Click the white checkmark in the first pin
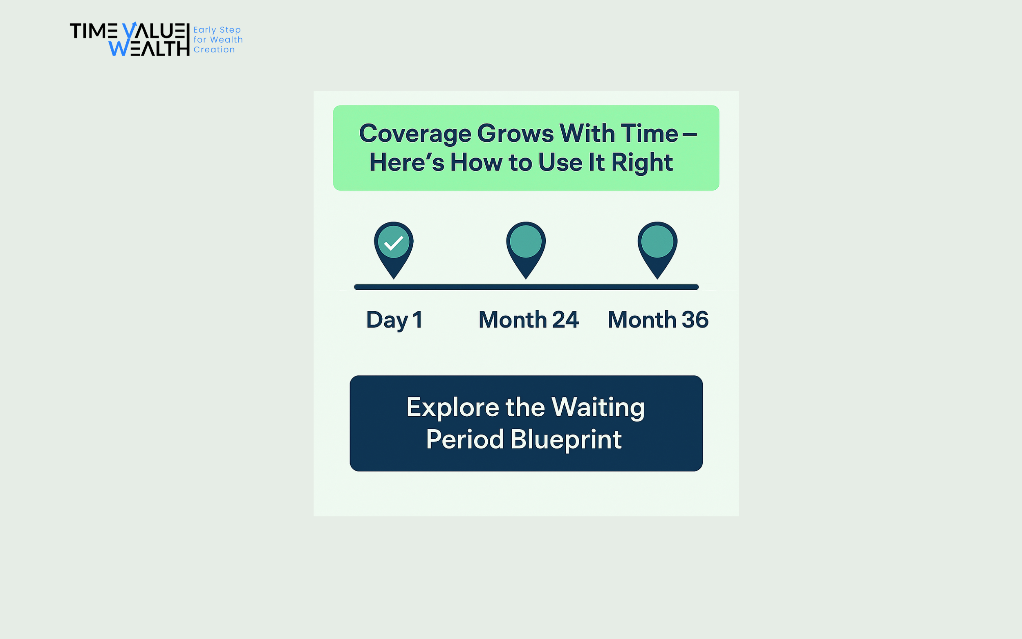tap(393, 243)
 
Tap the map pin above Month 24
tap(526, 250)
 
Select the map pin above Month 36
tap(657, 250)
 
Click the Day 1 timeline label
tap(394, 320)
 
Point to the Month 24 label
tap(529, 320)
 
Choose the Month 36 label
tap(658, 320)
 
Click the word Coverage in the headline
tap(415, 135)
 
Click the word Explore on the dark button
tap(453, 408)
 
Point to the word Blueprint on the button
tap(566, 440)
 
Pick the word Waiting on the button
tap(598, 408)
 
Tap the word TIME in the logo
tap(94, 31)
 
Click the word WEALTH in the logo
tap(149, 48)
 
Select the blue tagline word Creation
tap(214, 49)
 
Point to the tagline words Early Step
tap(217, 30)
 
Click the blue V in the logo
tap(130, 30)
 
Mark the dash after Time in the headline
tap(690, 135)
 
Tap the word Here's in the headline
tap(407, 163)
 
